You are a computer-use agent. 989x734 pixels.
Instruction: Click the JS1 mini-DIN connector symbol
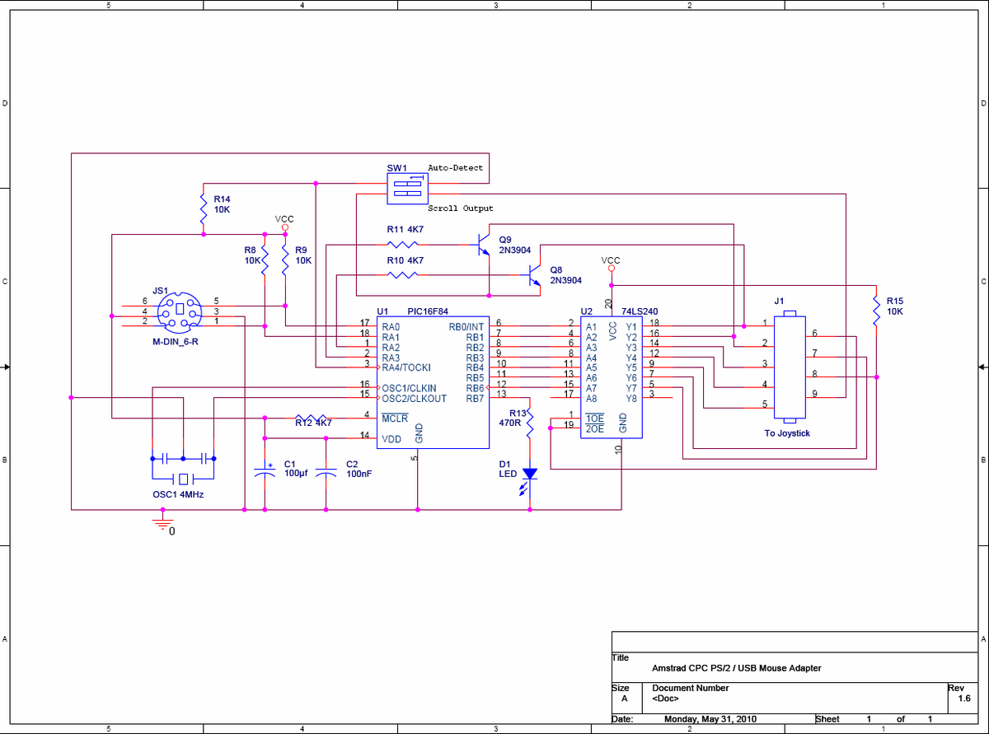point(179,312)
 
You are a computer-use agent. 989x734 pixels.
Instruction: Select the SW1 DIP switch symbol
point(407,189)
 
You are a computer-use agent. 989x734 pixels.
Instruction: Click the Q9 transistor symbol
point(483,244)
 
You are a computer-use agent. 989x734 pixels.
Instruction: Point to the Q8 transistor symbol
point(534,275)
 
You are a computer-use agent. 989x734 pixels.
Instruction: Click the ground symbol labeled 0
point(162,523)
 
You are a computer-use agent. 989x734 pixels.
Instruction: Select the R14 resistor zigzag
point(204,208)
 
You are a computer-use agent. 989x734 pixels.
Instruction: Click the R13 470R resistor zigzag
point(530,423)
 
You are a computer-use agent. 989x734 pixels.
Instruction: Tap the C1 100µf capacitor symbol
point(265,471)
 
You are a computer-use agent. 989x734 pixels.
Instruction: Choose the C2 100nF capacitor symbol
point(326,472)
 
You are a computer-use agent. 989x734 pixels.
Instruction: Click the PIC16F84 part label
point(427,311)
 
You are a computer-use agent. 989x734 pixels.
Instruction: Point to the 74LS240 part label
point(640,311)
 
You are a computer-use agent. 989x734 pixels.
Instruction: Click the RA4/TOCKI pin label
point(405,367)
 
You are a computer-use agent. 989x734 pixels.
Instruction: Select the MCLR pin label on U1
point(395,418)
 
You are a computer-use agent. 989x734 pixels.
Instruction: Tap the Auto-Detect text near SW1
point(455,167)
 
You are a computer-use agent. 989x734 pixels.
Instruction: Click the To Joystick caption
point(787,433)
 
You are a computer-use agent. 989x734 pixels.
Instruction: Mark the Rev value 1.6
point(964,699)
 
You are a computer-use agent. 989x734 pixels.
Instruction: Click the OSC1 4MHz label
point(178,494)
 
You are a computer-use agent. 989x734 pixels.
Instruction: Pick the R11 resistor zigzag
point(402,244)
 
